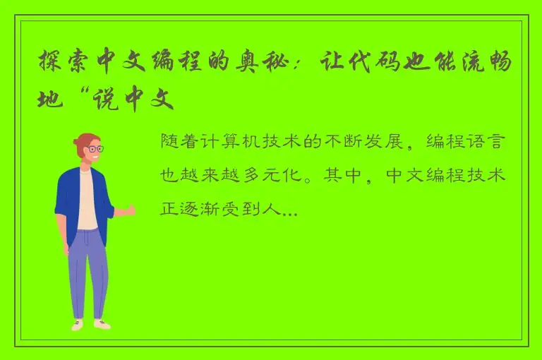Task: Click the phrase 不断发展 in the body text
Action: pos(382,142)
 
